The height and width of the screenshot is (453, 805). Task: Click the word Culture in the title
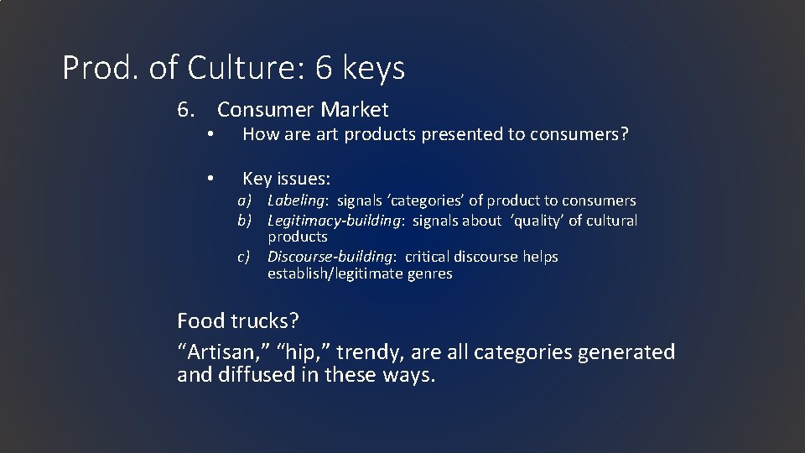[248, 68]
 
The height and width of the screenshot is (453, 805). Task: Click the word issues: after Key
[304, 179]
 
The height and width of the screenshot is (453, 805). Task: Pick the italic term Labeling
[297, 200]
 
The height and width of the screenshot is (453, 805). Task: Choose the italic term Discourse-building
[330, 257]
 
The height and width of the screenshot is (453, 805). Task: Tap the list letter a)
[245, 200]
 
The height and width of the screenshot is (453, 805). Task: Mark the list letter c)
[245, 257]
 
